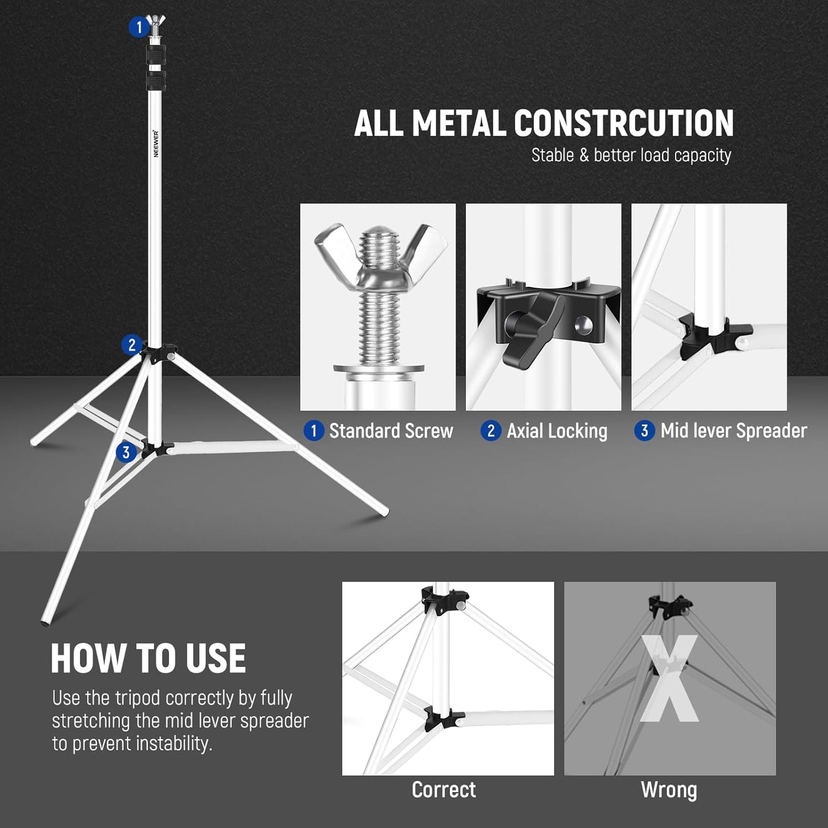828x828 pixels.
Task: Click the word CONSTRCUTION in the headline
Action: point(623,123)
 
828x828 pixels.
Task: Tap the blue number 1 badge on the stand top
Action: point(139,27)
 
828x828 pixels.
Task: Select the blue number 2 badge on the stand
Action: point(132,345)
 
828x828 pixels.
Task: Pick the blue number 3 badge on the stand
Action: point(126,452)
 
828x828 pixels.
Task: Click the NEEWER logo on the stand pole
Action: point(156,143)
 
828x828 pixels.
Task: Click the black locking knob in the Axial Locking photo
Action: point(530,332)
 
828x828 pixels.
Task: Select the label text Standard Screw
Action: point(391,431)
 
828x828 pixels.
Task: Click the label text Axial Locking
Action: point(557,431)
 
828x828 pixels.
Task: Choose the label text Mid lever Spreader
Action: point(733,431)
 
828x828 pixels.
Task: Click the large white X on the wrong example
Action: point(669,679)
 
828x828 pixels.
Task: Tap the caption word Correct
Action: point(444,790)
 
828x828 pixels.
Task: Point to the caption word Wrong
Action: point(669,790)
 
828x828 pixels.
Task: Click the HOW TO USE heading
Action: point(148,658)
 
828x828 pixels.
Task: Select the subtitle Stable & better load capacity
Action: point(631,155)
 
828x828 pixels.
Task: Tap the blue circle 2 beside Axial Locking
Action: point(490,431)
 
